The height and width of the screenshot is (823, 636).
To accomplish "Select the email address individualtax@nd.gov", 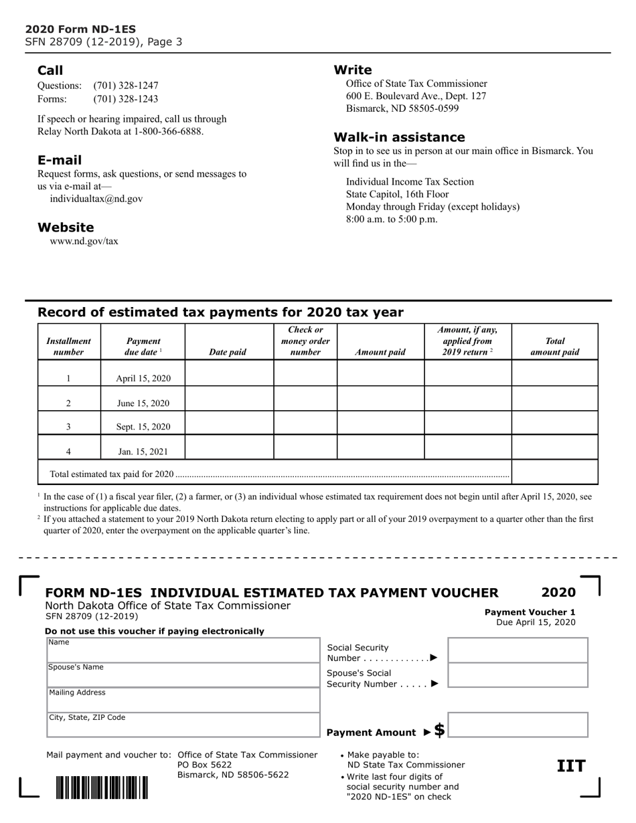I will coord(96,199).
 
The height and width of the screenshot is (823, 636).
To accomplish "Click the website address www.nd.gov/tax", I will coord(84,241).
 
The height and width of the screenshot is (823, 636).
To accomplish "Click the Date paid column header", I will coord(228,352).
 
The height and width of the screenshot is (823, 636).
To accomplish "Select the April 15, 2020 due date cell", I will coord(143,379).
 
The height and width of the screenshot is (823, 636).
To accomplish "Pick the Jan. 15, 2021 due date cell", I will coord(143,451).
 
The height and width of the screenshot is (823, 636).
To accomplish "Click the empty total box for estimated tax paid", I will coord(554,472).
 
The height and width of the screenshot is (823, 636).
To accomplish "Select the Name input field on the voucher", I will coord(183,650).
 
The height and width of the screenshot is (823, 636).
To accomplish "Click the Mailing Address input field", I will coord(183,700).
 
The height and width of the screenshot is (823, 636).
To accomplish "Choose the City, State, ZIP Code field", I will coord(183,725).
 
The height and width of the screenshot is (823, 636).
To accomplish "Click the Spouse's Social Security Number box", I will coord(517,675).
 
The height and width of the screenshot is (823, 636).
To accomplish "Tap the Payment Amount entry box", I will coord(517,725).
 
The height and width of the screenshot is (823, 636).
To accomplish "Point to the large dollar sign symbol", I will coord(439,730).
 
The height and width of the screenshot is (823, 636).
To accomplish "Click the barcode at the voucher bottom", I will coord(102,788).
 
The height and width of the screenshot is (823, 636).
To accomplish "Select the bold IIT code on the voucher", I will coord(571,766).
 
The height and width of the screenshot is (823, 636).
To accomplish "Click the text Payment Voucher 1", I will coord(530,612).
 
